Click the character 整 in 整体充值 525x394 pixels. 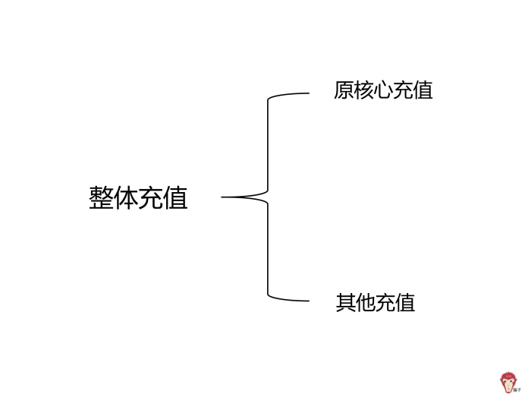[102, 198]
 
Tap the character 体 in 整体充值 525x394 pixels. [126, 198]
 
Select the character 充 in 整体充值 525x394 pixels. [151, 198]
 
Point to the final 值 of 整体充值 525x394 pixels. [175, 198]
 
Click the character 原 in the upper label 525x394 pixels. [344, 90]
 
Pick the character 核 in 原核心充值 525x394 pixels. [363, 90]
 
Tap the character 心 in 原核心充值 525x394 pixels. [383, 90]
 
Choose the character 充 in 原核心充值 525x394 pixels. [403, 90]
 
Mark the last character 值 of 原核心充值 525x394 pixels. [423, 90]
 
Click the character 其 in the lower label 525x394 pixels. [346, 303]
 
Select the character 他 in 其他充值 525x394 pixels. [366, 303]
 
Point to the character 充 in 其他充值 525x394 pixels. [385, 303]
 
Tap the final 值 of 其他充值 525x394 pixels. [405, 303]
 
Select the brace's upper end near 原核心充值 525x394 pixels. [307, 93]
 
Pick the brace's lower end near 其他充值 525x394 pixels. [307, 301]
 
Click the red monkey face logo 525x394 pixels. [507, 382]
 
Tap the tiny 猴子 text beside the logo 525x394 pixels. [516, 389]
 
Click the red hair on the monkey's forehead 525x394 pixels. [507, 375]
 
